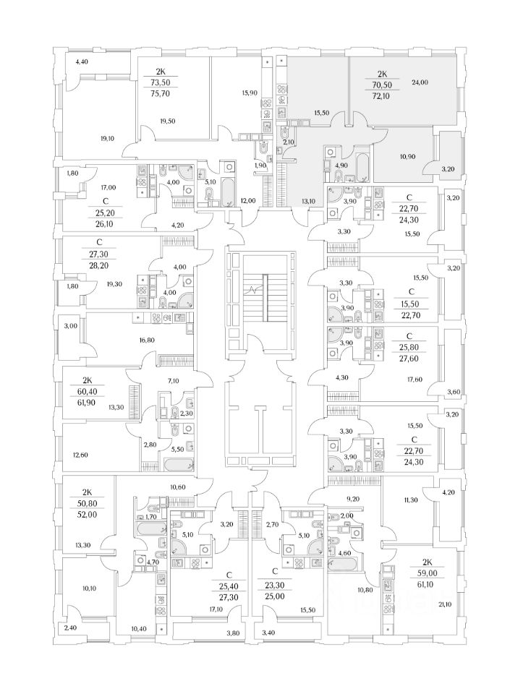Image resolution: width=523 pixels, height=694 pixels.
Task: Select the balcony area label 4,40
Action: tap(81, 62)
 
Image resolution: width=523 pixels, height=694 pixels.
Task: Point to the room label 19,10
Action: tap(108, 138)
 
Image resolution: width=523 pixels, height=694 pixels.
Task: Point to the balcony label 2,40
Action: tap(71, 628)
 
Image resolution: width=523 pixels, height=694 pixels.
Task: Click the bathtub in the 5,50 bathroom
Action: tap(177, 462)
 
